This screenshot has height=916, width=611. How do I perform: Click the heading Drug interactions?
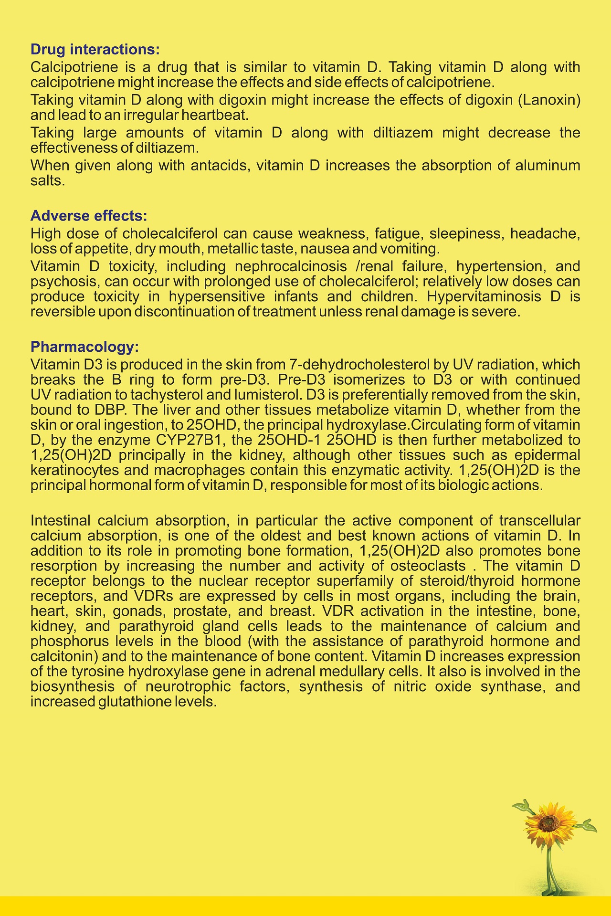(95, 49)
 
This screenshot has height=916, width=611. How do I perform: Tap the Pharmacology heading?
(84, 347)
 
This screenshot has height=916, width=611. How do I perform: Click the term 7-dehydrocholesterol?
(359, 365)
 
